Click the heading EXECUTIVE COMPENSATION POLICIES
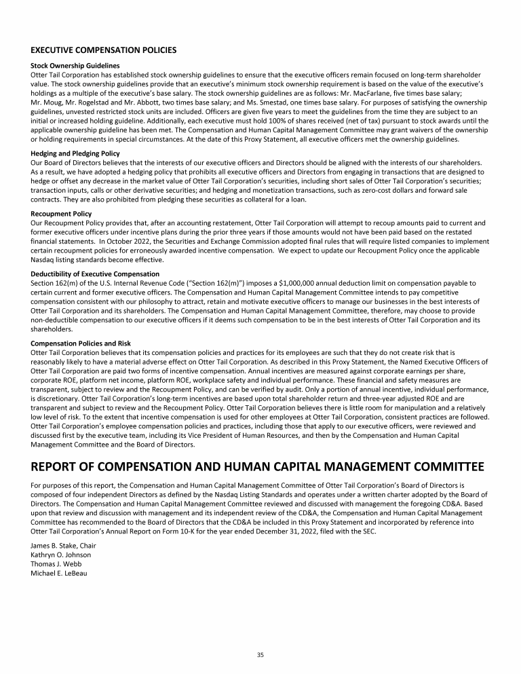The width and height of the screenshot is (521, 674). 104,50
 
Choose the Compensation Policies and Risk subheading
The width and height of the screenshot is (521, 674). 82,343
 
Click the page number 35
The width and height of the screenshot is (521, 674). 260,654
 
